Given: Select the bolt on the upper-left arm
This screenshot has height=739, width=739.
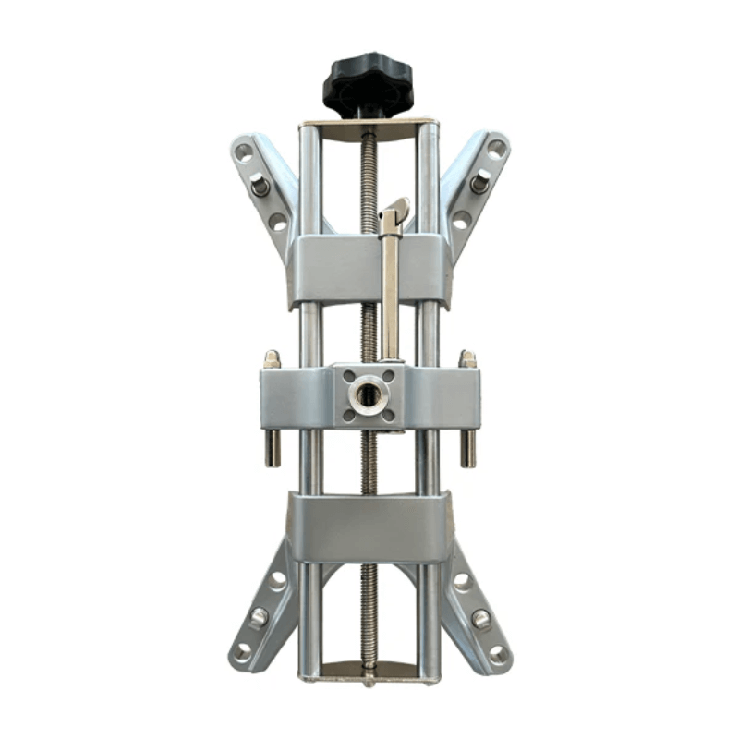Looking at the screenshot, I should pyautogui.click(x=260, y=186).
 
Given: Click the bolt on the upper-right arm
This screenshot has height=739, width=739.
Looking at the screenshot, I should pyautogui.click(x=479, y=182).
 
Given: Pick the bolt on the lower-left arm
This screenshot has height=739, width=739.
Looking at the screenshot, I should pyautogui.click(x=260, y=616).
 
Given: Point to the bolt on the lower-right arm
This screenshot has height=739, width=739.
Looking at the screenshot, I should pyautogui.click(x=480, y=618).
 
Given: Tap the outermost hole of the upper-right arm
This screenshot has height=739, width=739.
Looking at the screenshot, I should pyautogui.click(x=496, y=148).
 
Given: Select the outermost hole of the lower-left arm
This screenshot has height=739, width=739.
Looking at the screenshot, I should pyautogui.click(x=243, y=652).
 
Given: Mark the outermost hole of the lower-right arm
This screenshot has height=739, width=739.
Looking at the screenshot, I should pyautogui.click(x=498, y=654).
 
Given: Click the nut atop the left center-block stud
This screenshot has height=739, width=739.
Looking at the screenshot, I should pyautogui.click(x=272, y=359).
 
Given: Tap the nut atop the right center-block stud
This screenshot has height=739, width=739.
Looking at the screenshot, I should pyautogui.click(x=467, y=359).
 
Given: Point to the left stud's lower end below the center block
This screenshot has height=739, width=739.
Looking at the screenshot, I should pyautogui.click(x=273, y=453).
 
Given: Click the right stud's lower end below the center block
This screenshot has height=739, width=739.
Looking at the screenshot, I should pyautogui.click(x=468, y=453).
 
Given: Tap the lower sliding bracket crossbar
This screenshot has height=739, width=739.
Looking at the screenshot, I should pyautogui.click(x=369, y=527).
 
